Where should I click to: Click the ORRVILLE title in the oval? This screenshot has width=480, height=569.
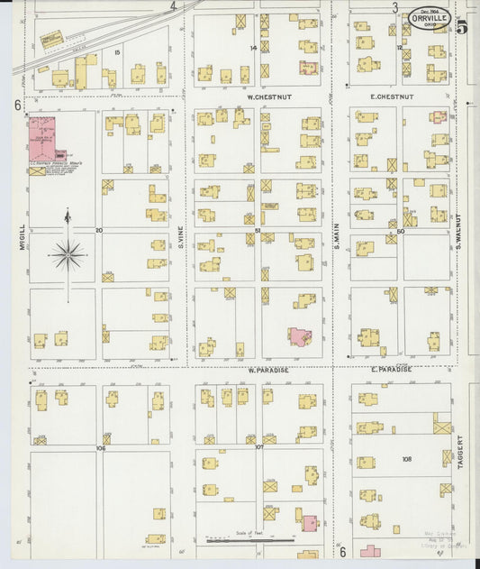pos(430,17)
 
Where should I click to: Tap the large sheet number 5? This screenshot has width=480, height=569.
pos(462,26)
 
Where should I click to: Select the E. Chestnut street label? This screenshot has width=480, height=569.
pos(392,96)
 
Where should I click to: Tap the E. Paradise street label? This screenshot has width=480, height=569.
pos(391,370)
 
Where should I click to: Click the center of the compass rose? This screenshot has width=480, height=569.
pos(68,255)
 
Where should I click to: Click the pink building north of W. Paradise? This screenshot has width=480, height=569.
pos(297,337)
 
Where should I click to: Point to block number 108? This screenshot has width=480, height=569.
pos(406,459)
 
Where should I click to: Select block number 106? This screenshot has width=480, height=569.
pos(100,448)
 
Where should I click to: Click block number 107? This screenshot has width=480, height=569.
pos(258,447)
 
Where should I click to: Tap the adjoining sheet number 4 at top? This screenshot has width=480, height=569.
pos(173,5)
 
